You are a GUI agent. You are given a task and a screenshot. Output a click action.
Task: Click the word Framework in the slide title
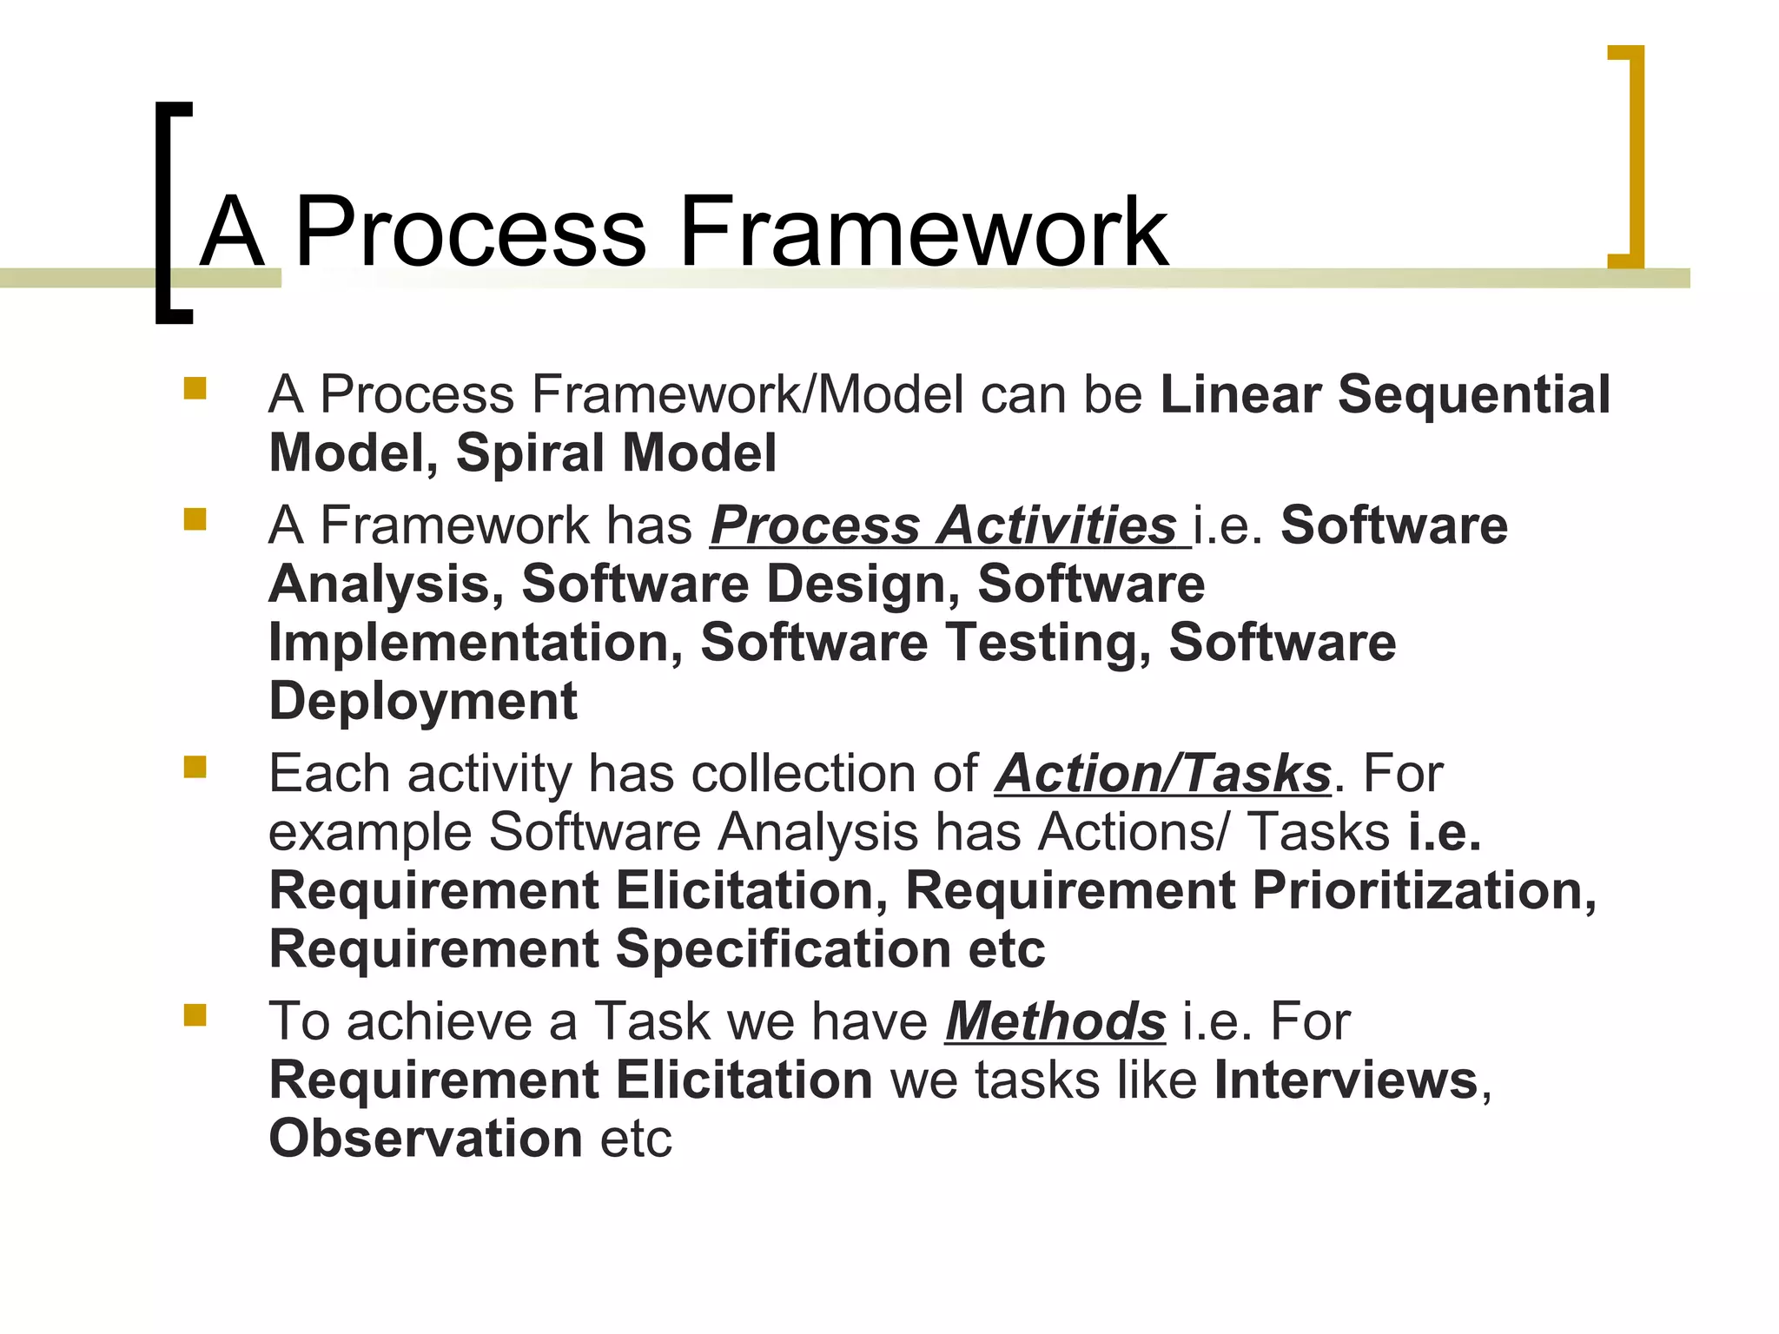923,232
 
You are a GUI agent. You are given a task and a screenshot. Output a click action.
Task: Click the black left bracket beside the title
165,213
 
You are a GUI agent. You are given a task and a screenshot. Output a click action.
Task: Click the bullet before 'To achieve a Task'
195,1014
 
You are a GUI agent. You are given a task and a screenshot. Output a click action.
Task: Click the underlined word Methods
1055,1022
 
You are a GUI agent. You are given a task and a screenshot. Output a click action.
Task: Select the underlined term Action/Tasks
1162,774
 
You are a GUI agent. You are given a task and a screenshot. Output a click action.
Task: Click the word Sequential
1473,395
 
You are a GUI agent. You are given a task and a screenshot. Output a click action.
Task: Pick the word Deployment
423,702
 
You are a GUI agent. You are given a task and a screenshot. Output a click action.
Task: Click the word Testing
1040,644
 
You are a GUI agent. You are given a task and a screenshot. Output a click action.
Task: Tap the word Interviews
1346,1081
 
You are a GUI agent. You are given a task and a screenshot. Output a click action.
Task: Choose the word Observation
426,1139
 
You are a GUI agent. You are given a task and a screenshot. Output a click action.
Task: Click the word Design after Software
861,584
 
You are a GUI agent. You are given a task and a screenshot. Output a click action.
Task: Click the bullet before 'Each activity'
195,767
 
